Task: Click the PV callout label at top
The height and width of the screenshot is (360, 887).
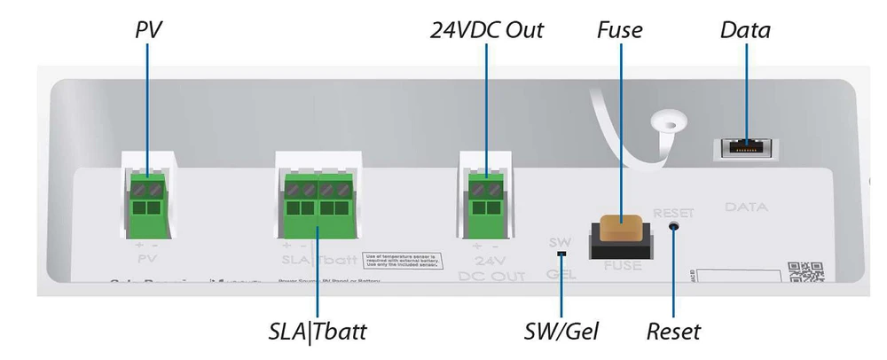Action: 150,29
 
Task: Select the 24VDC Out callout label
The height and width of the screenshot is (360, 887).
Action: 486,29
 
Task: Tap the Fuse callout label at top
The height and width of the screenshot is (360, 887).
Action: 619,29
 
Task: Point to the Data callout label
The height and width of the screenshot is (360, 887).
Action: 745,29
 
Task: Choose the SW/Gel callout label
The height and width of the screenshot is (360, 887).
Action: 561,332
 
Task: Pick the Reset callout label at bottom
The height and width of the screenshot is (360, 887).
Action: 672,332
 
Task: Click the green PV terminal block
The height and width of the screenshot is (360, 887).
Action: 149,199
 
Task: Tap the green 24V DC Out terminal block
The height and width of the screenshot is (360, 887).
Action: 485,199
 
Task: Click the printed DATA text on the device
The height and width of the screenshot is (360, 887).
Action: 746,207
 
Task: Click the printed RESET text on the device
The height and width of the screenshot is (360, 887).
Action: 673,213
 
